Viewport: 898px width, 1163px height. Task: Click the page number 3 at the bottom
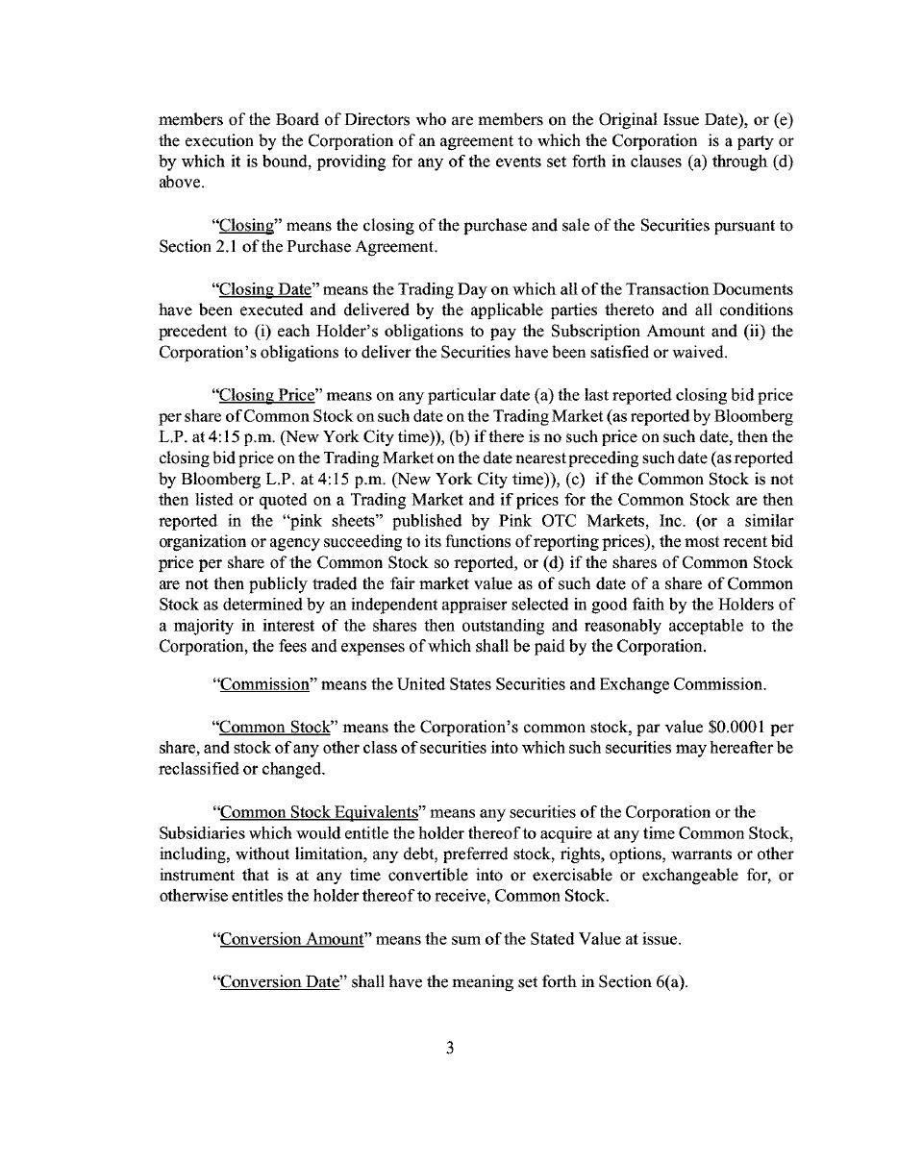click(x=449, y=1048)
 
